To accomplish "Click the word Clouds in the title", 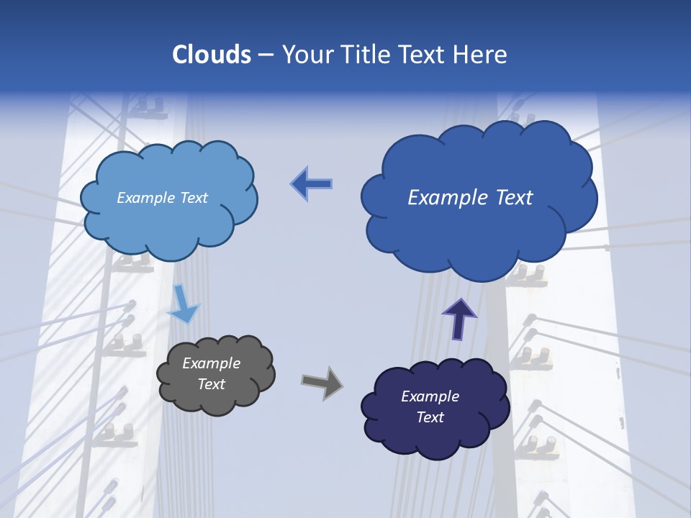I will point(212,55).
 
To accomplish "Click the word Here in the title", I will point(480,55).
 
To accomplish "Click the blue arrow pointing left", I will point(312,184).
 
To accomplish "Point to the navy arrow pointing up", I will point(459,319).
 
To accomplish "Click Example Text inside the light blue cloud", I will point(162,198).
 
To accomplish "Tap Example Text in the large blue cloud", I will point(470,198).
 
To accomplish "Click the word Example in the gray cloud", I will point(211,363).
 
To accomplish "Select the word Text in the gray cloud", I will point(211,384).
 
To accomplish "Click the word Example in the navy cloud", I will point(430,396).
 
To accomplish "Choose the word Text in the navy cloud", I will point(430,417).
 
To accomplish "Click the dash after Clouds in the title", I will point(265,55).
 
